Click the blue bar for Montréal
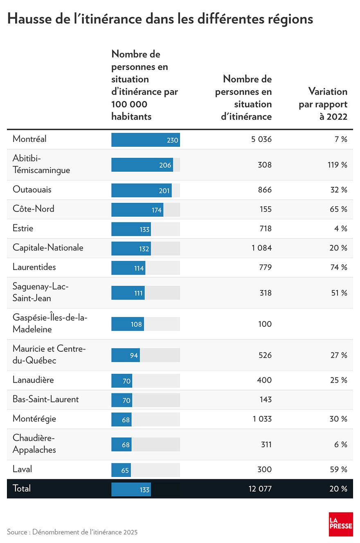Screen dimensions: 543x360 coord(145,140)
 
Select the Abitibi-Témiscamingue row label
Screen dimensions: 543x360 coord(41,164)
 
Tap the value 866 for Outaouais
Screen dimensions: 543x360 coord(264,190)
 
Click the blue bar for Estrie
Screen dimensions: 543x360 coord(131,229)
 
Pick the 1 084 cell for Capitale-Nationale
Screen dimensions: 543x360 coord(261,248)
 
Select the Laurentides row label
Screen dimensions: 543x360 coord(34,267)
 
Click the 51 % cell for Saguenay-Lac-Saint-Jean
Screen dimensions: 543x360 coord(339,293)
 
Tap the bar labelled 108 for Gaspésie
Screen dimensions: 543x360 coord(127,324)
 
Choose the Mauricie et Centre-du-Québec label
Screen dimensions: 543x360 coord(49,355)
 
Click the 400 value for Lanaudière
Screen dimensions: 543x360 coord(264,380)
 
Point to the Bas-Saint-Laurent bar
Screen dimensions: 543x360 coord(122,400)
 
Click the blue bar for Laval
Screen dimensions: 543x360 coord(121,470)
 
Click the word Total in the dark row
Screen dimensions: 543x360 coord(22,488)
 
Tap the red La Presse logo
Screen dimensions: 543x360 coord(341,524)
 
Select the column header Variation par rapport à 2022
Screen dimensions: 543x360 coord(323,104)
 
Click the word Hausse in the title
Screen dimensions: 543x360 coord(31,19)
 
